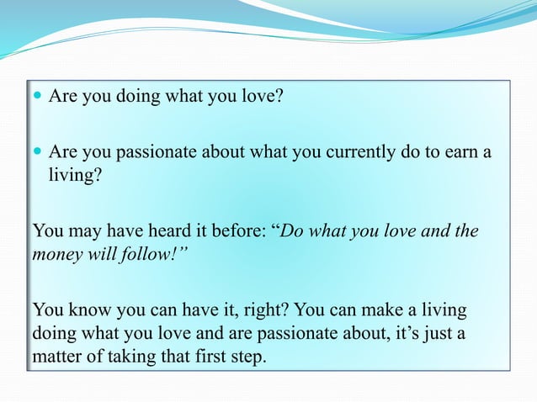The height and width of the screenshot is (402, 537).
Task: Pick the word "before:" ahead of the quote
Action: [238, 230]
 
